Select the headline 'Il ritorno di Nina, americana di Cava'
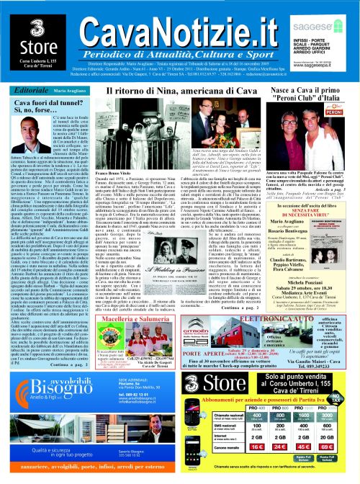(x=171, y=93)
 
